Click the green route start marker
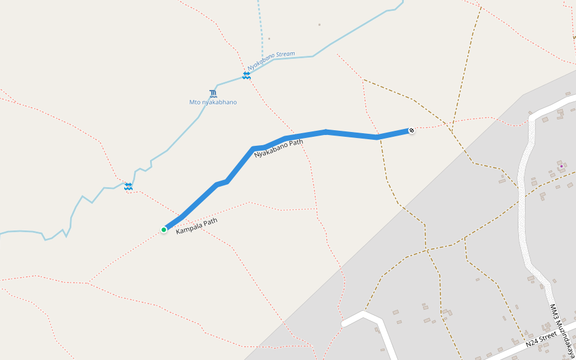[x=164, y=229]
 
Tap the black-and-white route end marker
[x=412, y=130]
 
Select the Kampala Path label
[x=196, y=226]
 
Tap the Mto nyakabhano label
[x=213, y=102]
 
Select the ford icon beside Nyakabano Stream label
[x=247, y=75]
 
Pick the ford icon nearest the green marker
[x=128, y=187]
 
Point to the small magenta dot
[x=561, y=166]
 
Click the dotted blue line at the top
[x=261, y=24]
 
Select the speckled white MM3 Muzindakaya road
[x=523, y=198]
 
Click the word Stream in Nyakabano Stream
[x=286, y=55]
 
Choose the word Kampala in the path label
[x=188, y=229]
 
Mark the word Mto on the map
[x=194, y=102]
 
